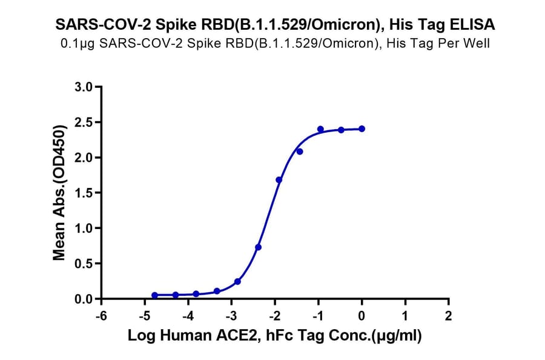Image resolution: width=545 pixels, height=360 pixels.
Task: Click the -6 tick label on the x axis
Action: point(101,316)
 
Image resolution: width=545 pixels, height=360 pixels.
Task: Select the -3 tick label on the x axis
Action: point(231,316)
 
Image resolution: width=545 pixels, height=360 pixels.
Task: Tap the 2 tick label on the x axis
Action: point(448,316)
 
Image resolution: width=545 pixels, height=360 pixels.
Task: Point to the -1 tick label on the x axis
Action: point(317,316)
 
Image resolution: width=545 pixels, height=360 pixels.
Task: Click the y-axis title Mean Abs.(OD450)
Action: point(59,193)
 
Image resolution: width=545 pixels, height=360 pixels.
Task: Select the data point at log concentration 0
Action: point(362,128)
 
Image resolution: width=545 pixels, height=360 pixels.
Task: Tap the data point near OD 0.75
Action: point(259,247)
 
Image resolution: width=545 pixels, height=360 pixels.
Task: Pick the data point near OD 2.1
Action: point(300,152)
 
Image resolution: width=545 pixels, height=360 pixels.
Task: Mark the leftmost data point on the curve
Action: point(154,295)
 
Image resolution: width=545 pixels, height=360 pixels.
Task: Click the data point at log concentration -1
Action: point(320,129)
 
